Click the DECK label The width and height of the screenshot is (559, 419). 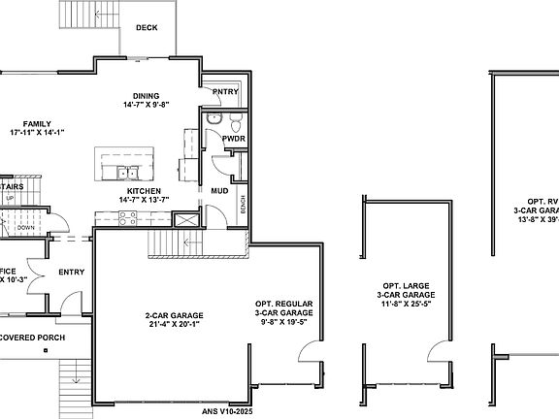pos(147,28)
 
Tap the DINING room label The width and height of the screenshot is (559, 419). pos(146,96)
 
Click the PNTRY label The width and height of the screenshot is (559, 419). pos(225,92)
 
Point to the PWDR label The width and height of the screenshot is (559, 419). pos(233,140)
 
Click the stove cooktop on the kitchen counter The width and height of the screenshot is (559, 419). pos(129,217)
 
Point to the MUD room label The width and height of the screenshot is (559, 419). pos(219,192)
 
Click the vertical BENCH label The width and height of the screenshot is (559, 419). pos(243,206)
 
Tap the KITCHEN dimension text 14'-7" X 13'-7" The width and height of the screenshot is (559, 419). pos(144,200)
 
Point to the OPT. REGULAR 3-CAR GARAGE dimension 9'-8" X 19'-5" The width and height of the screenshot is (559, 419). pos(283,321)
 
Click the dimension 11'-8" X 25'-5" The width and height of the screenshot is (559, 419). pos(407,303)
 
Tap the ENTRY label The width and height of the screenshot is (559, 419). pos(71,272)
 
